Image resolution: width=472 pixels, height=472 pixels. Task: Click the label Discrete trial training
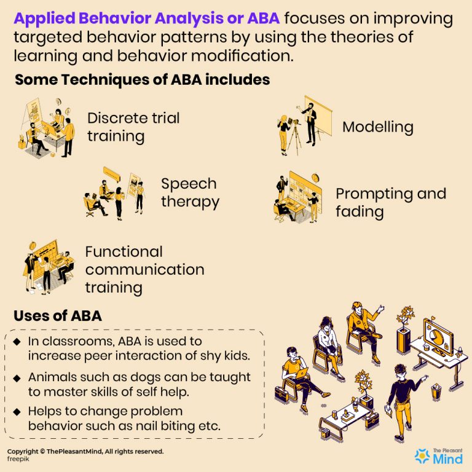[133, 127]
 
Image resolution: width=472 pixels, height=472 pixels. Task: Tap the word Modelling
[377, 127]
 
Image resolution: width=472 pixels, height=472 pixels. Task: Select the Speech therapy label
[190, 192]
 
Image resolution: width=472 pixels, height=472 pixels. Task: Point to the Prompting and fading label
[390, 203]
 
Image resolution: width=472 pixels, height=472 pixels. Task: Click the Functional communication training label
[144, 269]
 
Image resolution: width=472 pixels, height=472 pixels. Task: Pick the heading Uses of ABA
[58, 316]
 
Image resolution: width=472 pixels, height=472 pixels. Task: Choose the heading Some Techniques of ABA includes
[142, 80]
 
